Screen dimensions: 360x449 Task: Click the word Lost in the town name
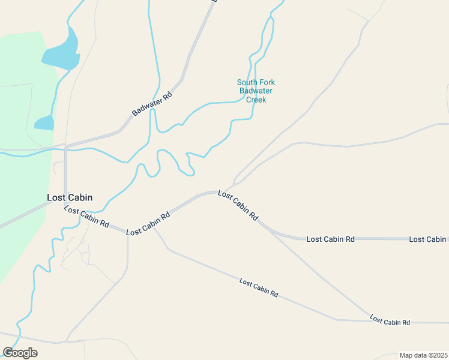click(56, 197)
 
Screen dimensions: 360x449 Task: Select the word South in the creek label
click(247, 83)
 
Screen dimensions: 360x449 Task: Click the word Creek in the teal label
click(256, 100)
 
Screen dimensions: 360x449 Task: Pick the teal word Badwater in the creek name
click(256, 91)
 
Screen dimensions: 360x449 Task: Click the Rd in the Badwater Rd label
click(168, 94)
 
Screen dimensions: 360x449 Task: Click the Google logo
click(20, 353)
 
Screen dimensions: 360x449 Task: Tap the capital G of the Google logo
click(8, 352)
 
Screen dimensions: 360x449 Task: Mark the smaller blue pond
click(44, 123)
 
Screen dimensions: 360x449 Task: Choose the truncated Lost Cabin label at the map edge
click(428, 239)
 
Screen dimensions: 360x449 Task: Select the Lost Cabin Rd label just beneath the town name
click(87, 217)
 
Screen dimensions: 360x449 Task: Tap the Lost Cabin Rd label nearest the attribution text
click(390, 320)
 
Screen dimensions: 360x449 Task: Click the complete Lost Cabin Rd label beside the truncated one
click(330, 239)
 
